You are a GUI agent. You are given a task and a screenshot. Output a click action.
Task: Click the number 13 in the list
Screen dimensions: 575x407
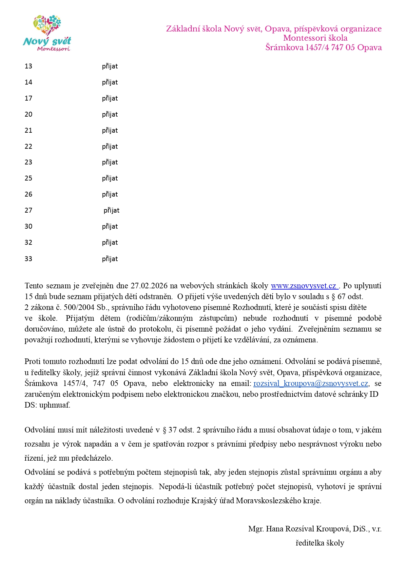point(29,66)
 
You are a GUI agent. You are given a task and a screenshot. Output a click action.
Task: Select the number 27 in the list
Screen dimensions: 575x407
point(29,210)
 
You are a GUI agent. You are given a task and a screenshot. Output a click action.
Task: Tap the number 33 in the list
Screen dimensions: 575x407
point(29,259)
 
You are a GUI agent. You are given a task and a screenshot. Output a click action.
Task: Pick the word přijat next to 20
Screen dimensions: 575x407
point(110,114)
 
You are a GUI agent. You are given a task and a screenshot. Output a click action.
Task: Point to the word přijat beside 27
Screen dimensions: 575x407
point(111,210)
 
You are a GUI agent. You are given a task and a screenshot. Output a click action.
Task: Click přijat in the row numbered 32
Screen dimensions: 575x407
point(110,242)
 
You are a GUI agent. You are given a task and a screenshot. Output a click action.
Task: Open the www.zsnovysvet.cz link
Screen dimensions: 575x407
point(304,286)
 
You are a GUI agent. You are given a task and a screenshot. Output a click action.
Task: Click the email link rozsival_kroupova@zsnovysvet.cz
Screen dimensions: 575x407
point(311,383)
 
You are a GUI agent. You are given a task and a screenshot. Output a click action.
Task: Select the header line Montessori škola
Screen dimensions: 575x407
point(315,38)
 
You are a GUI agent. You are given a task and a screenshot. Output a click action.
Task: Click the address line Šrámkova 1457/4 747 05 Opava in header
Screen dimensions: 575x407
point(323,48)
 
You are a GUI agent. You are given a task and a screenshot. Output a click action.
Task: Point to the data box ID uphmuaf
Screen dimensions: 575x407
point(54,405)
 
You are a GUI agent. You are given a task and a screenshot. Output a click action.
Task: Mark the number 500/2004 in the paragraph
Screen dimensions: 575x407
point(81,307)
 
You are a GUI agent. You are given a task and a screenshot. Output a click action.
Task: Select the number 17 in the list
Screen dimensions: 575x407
point(29,98)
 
